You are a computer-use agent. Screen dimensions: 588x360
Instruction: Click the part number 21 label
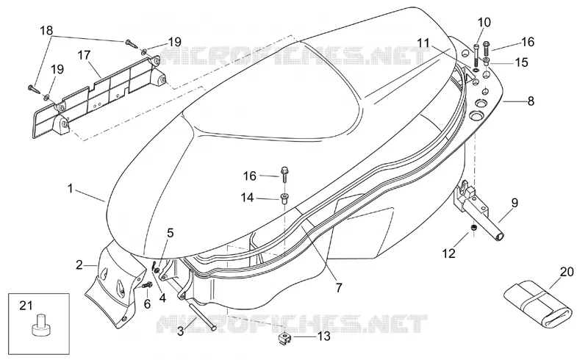click(x=26, y=306)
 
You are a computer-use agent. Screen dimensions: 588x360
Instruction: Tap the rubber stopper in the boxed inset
click(x=40, y=325)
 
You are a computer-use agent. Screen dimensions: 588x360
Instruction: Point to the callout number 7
click(x=339, y=287)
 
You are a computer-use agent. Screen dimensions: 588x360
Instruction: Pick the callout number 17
click(x=84, y=55)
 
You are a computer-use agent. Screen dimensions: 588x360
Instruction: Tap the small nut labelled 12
click(x=473, y=228)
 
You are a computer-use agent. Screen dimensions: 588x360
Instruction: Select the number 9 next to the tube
click(x=514, y=203)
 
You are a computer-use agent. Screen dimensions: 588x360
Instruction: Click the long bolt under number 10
click(x=476, y=56)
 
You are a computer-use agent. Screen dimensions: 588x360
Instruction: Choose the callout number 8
click(x=531, y=101)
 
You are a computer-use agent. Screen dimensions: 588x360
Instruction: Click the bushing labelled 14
click(x=284, y=198)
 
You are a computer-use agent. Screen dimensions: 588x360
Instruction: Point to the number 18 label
click(x=46, y=30)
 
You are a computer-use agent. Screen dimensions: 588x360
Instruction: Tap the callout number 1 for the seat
click(x=70, y=188)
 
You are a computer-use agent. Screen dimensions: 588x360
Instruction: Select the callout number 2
click(x=79, y=265)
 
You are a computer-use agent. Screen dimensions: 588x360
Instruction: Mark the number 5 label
click(x=171, y=233)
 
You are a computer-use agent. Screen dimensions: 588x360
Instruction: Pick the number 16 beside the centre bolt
click(x=250, y=176)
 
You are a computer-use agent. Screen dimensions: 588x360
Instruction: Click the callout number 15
click(x=521, y=62)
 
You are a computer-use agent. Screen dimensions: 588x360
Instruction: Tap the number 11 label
click(x=423, y=43)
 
